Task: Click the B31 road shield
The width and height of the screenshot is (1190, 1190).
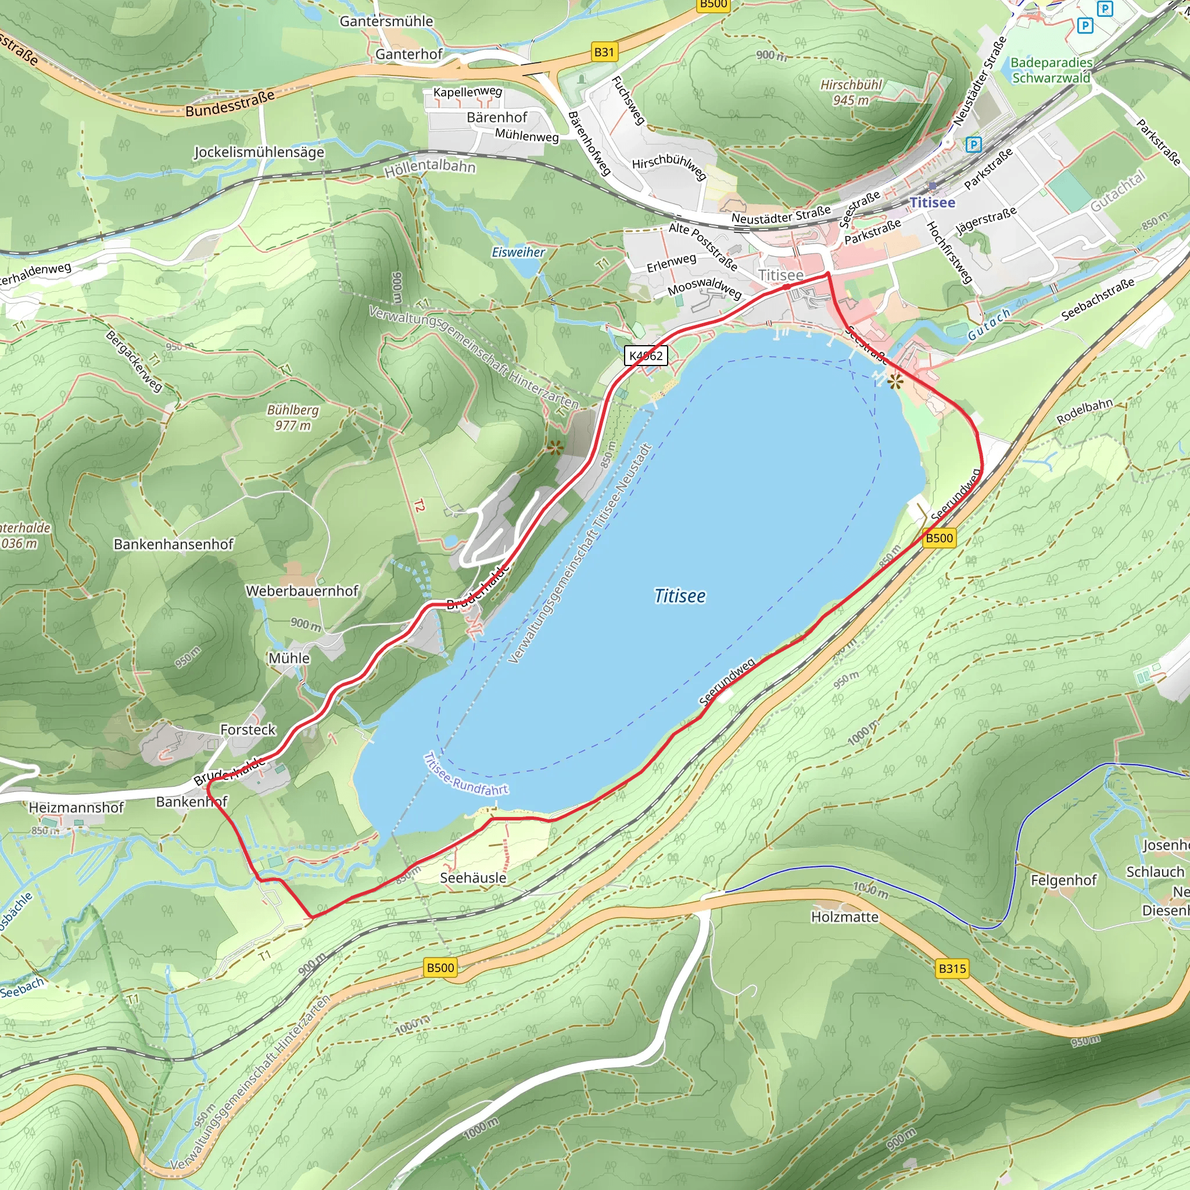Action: [604, 52]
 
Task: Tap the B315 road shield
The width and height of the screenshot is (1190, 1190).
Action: [952, 969]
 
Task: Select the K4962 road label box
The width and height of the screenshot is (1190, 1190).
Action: [646, 356]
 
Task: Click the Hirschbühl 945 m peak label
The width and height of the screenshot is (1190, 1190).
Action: [851, 92]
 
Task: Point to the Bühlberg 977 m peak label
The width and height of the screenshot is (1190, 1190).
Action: [293, 418]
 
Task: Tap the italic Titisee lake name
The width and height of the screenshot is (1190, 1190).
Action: [679, 596]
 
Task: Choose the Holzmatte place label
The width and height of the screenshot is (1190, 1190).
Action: [844, 917]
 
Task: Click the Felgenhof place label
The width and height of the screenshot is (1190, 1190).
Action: [1064, 880]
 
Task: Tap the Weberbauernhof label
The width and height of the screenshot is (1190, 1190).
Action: [302, 591]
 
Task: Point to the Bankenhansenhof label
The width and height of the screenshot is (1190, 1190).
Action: [174, 544]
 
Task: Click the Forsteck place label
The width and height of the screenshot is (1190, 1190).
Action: [248, 729]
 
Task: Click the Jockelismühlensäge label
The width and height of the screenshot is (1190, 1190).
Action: [259, 152]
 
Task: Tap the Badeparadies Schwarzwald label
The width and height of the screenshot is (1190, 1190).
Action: [1051, 70]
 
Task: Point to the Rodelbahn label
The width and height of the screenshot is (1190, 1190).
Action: [1085, 411]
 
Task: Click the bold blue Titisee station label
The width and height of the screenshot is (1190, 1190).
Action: [933, 202]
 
